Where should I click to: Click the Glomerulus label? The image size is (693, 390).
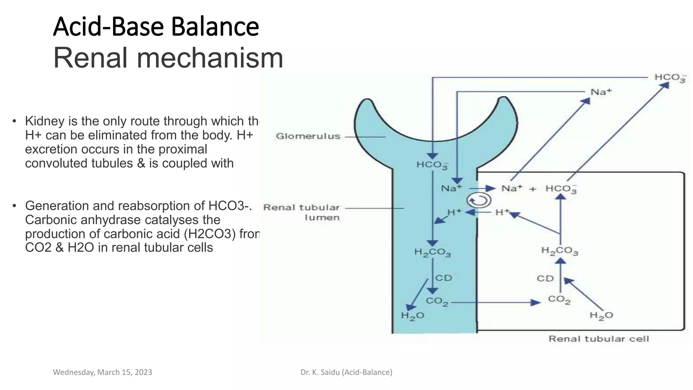pos(308,136)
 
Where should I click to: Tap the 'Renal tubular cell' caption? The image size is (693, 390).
pos(599,339)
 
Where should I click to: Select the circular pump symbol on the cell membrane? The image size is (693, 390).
pos(479,200)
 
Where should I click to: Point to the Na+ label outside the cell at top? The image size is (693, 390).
pos(601,92)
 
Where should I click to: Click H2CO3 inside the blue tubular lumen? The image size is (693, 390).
pos(432,253)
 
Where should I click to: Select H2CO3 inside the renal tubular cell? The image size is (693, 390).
pos(560,251)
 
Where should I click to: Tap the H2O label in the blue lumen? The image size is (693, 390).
pos(412,316)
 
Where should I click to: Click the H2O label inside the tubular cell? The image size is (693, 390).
pos(601,316)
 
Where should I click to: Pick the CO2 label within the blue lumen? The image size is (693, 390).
pos(437,301)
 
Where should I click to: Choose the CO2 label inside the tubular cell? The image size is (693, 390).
pos(559,300)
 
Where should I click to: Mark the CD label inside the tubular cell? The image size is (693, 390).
pos(545,278)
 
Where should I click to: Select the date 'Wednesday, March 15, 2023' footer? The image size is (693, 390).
pos(103,372)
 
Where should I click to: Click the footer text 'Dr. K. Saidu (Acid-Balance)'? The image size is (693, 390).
pos(346,372)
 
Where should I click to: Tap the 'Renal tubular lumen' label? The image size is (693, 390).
pos(301,212)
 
